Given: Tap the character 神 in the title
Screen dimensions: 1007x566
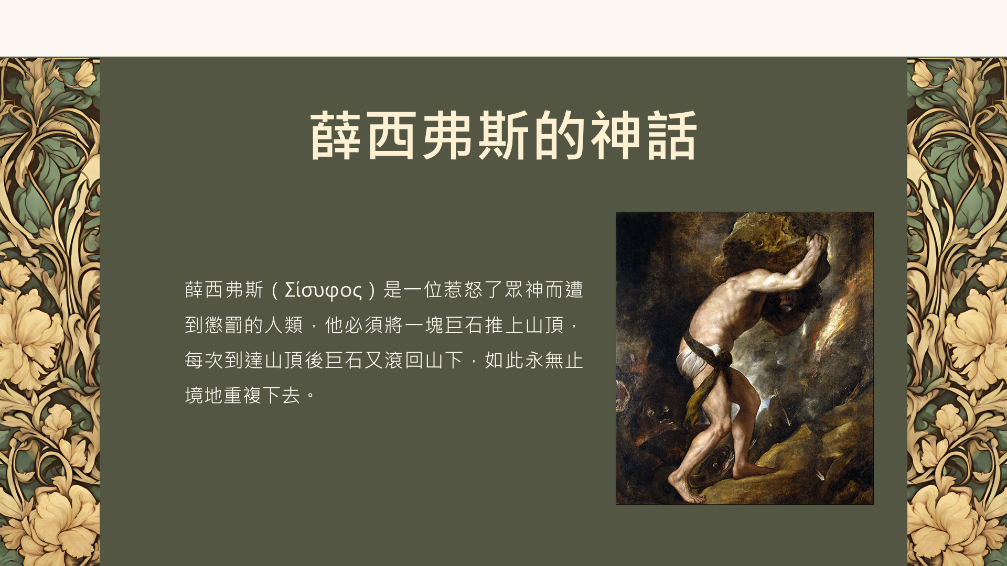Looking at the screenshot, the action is pyautogui.click(x=615, y=135).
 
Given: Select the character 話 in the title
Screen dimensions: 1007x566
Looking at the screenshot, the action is pyautogui.click(x=672, y=135).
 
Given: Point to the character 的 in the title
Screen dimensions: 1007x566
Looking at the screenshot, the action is pyautogui.click(x=559, y=135).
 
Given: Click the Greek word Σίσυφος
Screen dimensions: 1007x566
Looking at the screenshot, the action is pyautogui.click(x=323, y=290).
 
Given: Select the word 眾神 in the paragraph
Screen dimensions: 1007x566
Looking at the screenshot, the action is pyautogui.click(x=523, y=289).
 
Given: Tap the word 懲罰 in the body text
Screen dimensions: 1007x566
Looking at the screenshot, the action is pyautogui.click(x=223, y=325).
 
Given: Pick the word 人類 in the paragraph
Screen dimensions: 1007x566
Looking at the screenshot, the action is pyautogui.click(x=284, y=325).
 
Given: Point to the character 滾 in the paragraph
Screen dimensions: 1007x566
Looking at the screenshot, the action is pyautogui.click(x=393, y=360).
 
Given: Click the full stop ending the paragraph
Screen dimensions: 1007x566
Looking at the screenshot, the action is pyautogui.click(x=310, y=397).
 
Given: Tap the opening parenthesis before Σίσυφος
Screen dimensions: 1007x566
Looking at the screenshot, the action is pyautogui.click(x=274, y=290).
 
